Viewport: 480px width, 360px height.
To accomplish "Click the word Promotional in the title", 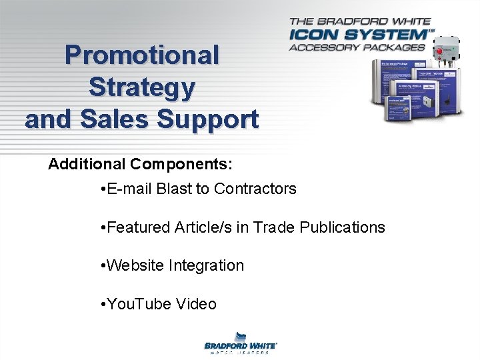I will (x=141, y=55).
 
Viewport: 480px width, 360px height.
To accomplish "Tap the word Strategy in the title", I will (x=141, y=87).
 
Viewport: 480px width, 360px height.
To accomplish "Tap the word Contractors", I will (x=255, y=189).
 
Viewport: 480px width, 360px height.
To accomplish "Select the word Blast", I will (x=174, y=189).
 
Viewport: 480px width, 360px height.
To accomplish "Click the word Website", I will (x=135, y=265).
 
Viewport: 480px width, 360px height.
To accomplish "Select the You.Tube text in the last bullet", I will (x=139, y=304).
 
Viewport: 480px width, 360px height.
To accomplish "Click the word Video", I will (x=197, y=304).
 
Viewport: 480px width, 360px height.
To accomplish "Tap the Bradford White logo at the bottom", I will (x=240, y=343).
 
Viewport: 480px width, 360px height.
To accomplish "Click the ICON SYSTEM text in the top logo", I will (x=359, y=33).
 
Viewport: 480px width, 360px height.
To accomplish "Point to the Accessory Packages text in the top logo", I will (x=357, y=47).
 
